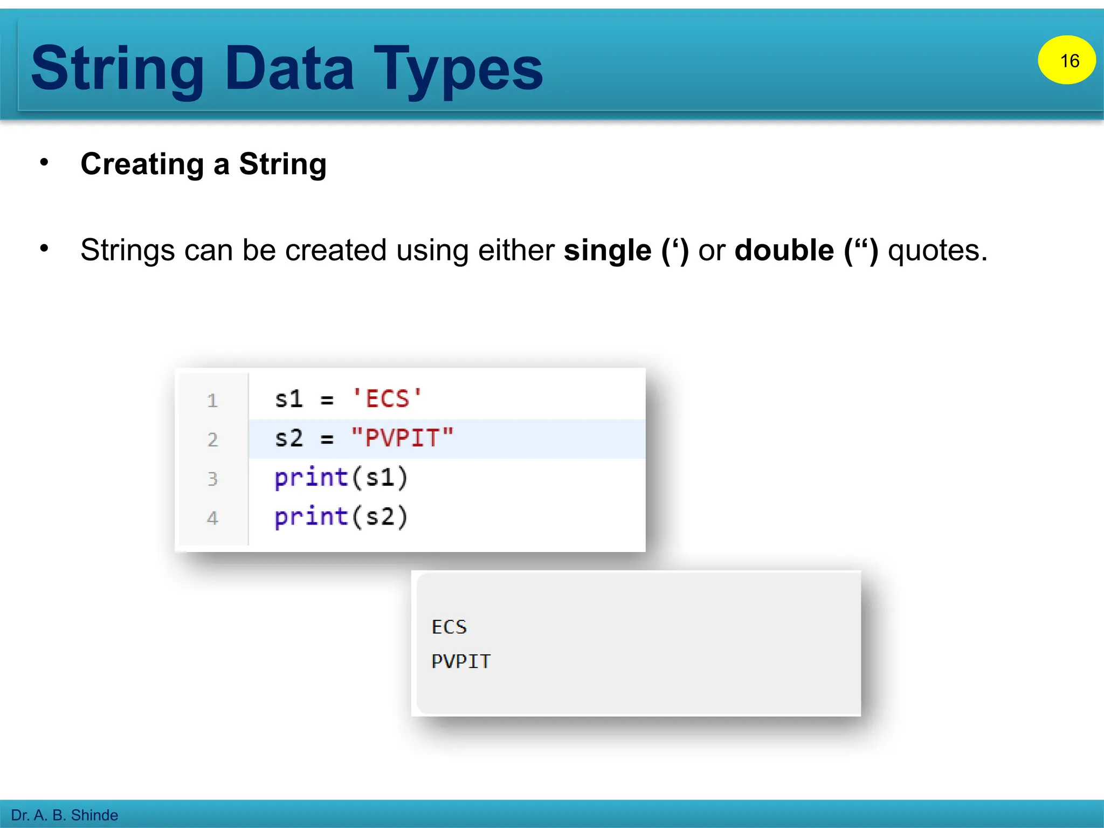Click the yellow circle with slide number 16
pos(1066,60)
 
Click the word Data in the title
pos(289,68)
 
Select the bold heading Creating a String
pos(203,164)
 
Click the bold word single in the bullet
pos(608,250)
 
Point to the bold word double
pos(784,250)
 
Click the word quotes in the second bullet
pos(937,251)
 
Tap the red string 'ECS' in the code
pos(387,399)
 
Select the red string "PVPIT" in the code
pos(402,438)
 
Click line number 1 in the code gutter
pos(212,401)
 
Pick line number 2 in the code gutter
pos(212,440)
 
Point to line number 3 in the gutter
pos(212,479)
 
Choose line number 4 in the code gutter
pos(212,518)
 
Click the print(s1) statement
pos(341,478)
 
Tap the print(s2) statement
pos(341,517)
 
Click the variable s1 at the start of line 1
pos(288,399)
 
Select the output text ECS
pos(449,627)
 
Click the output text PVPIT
pos(461,661)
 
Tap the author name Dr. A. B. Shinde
pos(64,815)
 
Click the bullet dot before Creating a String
pos(44,162)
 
